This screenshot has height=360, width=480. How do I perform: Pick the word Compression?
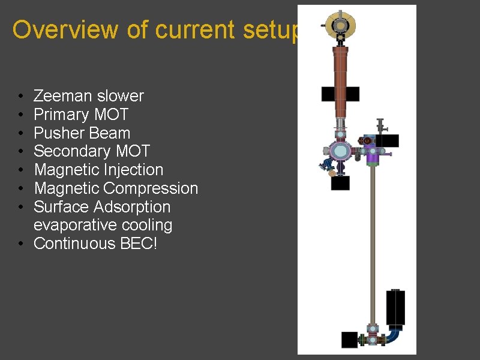click(x=151, y=188)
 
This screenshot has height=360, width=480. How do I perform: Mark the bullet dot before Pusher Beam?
click(x=20, y=133)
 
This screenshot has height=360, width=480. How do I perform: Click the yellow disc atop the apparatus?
click(x=340, y=25)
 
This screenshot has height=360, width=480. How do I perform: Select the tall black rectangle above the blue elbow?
click(x=395, y=307)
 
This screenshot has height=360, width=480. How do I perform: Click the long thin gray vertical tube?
click(x=373, y=240)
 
